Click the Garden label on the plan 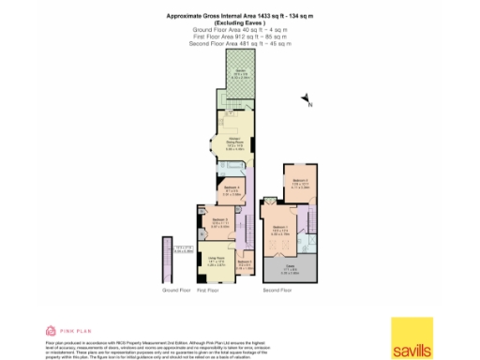click(241, 71)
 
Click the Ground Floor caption click(177, 291)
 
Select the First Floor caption click(207, 291)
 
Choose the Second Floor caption click(278, 291)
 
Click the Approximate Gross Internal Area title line click(240, 16)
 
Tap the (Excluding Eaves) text click(240, 23)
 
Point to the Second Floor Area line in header click(240, 44)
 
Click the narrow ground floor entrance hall click(169, 259)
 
